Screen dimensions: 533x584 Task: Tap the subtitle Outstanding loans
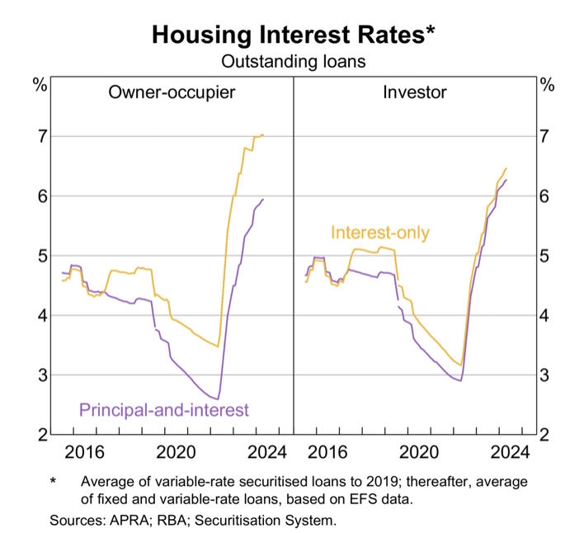pyautogui.click(x=293, y=61)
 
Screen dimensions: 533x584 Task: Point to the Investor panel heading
pyautogui.click(x=414, y=92)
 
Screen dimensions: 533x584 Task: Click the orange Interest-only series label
pyautogui.click(x=380, y=233)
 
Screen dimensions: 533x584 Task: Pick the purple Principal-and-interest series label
pyautogui.click(x=163, y=408)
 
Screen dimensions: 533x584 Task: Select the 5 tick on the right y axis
pyautogui.click(x=545, y=256)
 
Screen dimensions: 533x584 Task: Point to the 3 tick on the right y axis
pyautogui.click(x=545, y=375)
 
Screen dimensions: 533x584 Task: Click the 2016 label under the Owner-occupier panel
pyautogui.click(x=83, y=452)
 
